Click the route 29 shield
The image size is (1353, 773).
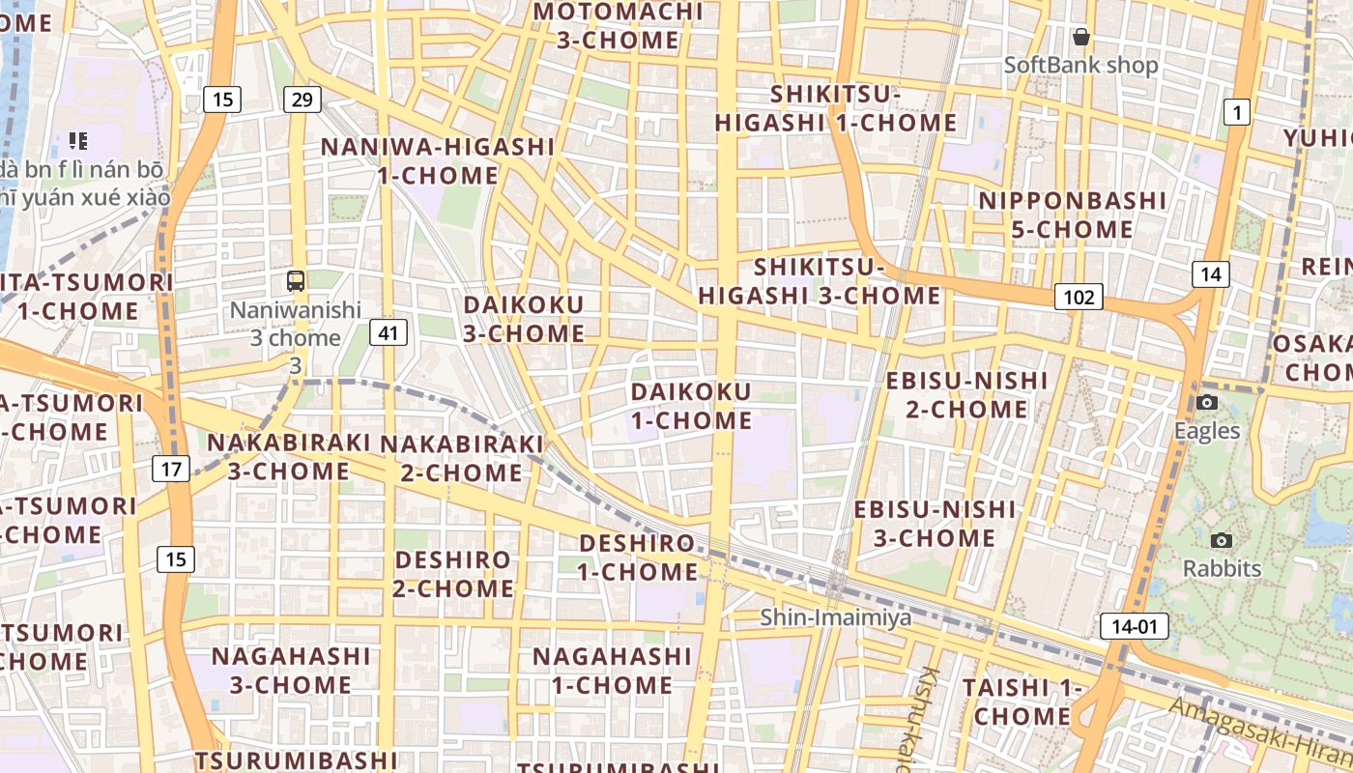point(302,99)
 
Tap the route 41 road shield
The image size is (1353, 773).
point(389,333)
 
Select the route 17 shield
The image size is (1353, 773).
point(171,470)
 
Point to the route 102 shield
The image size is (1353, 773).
point(1078,297)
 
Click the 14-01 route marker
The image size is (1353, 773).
point(1135,626)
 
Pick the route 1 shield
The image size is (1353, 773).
point(1236,112)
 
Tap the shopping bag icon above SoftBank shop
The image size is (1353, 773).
point(1080,38)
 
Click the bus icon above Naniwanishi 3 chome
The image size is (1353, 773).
point(296,281)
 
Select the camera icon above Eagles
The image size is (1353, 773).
point(1207,402)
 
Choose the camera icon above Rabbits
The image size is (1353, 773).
point(1222,540)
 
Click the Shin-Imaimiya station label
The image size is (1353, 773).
point(835,616)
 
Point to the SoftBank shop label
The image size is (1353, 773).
point(1080,66)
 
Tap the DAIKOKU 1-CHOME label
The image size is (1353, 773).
point(691,406)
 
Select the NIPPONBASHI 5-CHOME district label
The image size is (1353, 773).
point(1072,215)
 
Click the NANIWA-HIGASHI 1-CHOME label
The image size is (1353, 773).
point(438,161)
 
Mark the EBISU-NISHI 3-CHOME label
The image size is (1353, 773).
point(935,523)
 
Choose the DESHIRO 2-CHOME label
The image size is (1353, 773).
point(453,573)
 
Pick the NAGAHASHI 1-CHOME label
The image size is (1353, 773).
point(612,670)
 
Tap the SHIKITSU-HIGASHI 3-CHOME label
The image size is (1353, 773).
point(820,280)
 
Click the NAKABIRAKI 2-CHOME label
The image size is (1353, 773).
point(462,457)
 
